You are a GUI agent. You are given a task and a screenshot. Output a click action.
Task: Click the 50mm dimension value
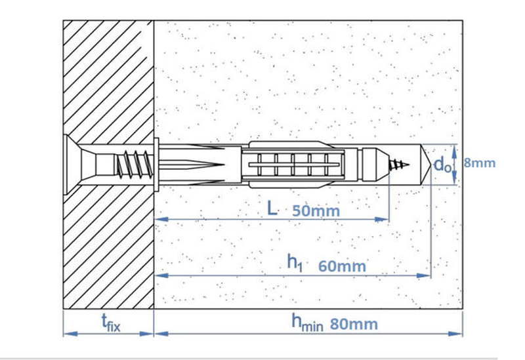click(316, 211)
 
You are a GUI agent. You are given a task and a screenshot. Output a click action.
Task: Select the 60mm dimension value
click(342, 266)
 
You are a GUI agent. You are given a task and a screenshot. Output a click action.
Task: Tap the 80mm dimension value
click(354, 324)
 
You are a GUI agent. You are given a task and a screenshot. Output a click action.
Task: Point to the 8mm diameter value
click(480, 163)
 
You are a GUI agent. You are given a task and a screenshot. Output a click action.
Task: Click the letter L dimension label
click(272, 209)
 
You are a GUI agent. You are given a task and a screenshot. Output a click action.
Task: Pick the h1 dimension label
click(295, 263)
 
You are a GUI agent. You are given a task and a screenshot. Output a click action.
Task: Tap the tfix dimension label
click(111, 323)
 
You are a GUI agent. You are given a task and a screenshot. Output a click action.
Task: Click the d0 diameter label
click(442, 165)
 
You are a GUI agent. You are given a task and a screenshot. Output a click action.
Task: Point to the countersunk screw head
click(73, 164)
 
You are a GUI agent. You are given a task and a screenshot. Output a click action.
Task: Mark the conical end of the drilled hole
click(426, 165)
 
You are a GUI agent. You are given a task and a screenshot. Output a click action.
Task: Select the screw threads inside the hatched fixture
click(134, 165)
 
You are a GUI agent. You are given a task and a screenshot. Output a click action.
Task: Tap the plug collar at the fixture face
click(156, 165)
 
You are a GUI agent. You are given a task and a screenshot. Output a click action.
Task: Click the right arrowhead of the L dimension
click(382, 220)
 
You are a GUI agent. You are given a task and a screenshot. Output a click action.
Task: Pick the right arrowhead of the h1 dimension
click(423, 275)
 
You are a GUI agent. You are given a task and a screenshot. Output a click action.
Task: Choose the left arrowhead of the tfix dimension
click(71, 334)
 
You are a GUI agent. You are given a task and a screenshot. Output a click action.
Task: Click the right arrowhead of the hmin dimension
click(455, 334)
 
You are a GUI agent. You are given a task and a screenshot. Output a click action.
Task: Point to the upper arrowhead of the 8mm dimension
click(454, 151)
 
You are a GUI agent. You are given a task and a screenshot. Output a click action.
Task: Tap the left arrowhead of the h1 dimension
click(161, 275)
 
